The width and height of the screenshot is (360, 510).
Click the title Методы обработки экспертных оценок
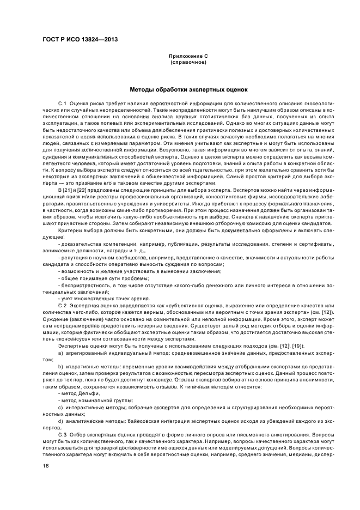click(x=188, y=89)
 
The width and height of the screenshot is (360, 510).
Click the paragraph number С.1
click(x=62, y=103)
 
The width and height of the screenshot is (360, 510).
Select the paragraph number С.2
click(x=62, y=306)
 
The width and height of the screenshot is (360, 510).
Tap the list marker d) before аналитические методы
click(x=60, y=421)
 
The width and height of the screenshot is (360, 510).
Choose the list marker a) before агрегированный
click(x=60, y=353)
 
